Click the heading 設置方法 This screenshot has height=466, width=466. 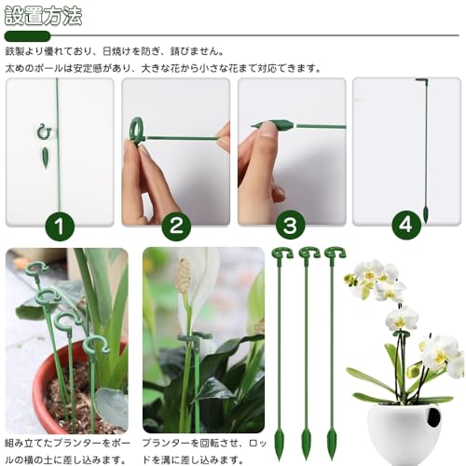43,16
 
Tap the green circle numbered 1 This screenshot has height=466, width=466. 60,226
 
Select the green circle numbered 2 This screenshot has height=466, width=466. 176,226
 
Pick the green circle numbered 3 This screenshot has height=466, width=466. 290,226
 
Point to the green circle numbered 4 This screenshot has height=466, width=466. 406,226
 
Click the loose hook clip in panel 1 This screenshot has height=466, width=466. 44,131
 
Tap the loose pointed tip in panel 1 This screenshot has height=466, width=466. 46,158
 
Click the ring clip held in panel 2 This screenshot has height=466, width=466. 137,130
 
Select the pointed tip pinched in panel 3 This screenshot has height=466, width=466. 272,126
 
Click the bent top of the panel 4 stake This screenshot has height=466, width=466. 422,80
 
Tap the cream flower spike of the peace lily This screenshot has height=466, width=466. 183,275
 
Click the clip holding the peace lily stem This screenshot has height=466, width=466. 195,337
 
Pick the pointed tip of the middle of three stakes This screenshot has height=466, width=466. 307,444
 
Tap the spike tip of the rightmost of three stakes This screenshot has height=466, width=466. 332,444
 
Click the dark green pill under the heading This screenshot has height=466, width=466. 27,36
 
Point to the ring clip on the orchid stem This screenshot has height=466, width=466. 401,334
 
